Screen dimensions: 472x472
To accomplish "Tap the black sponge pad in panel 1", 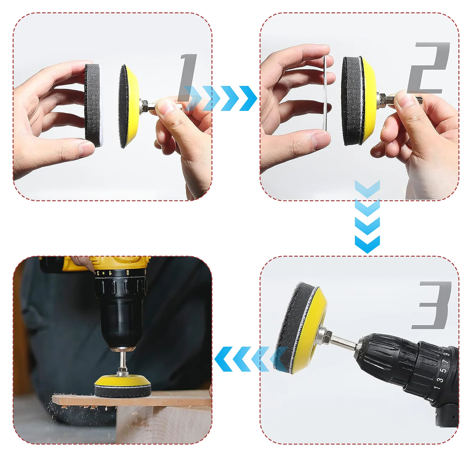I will click(x=93, y=105).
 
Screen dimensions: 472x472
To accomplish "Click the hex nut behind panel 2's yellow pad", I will click(x=381, y=98).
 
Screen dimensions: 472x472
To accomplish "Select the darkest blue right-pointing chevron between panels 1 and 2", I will click(x=248, y=98).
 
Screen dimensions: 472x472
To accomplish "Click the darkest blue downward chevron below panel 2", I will click(x=367, y=244).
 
